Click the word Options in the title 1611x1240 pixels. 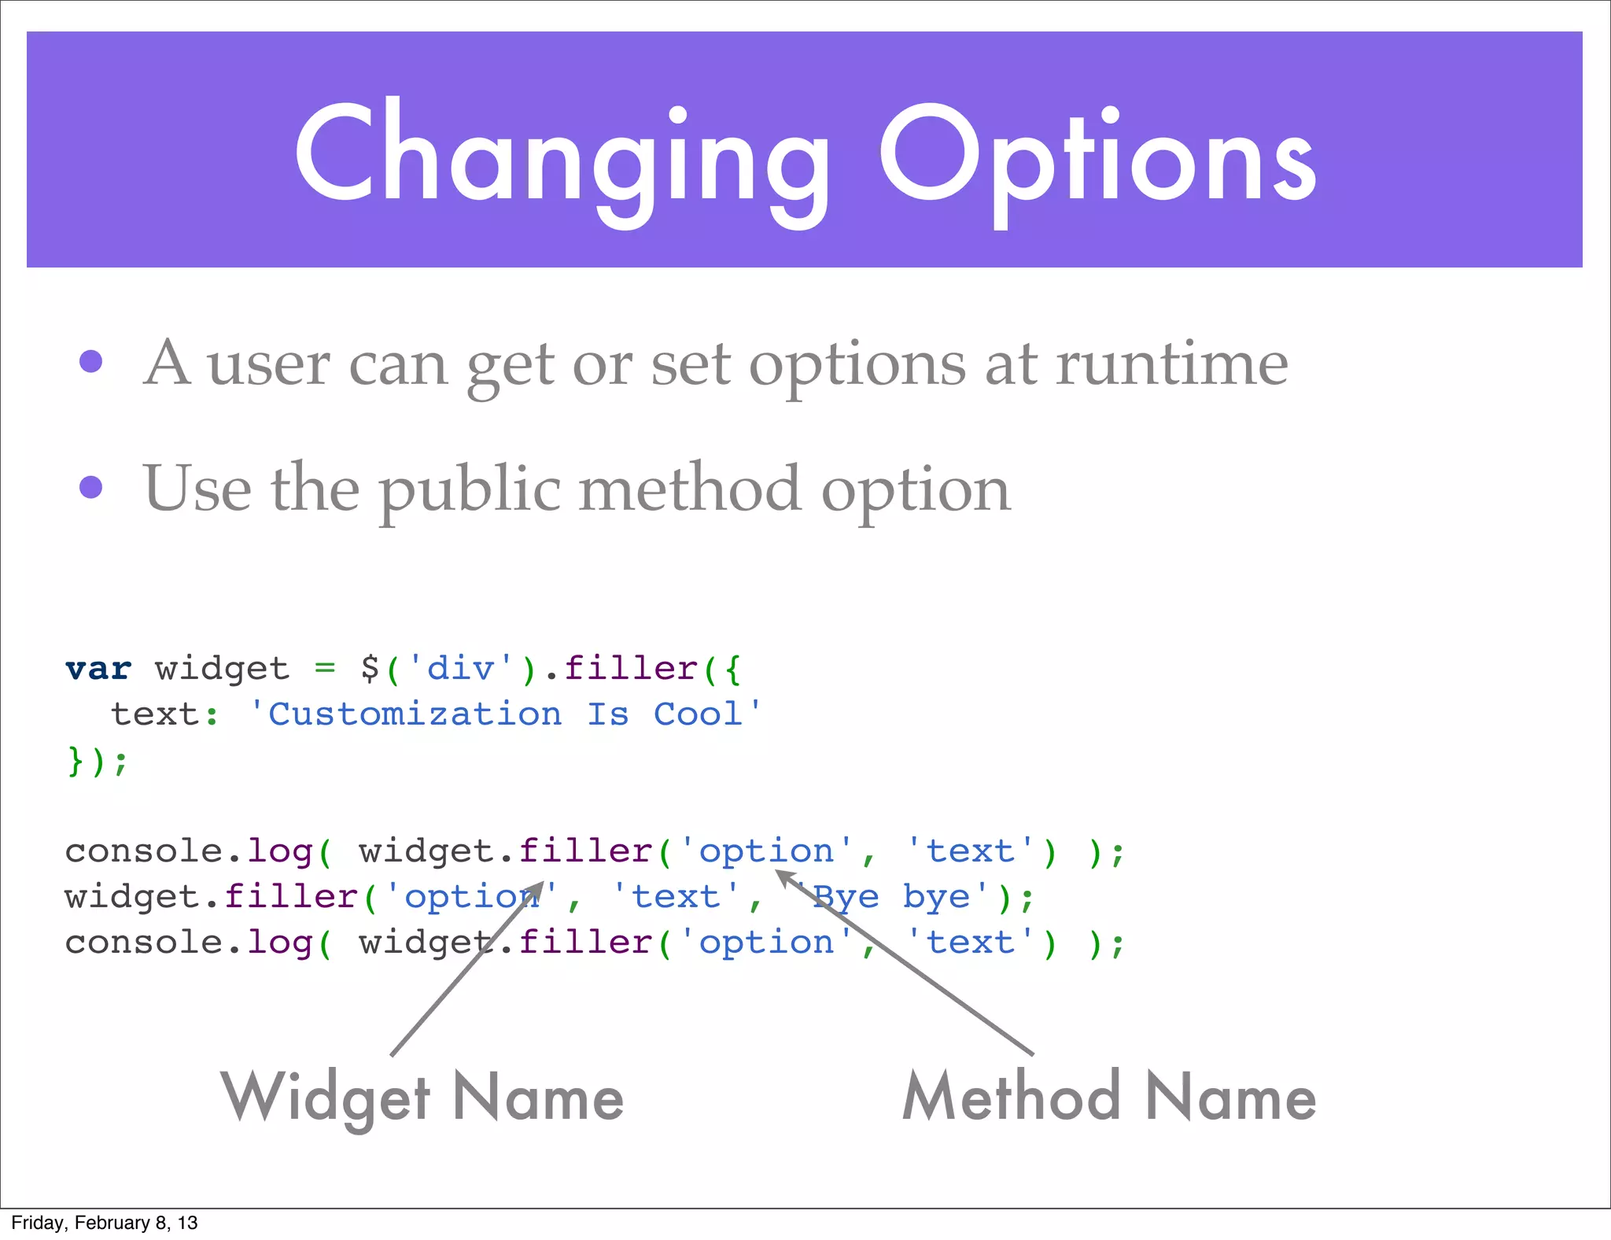pyautogui.click(x=1097, y=157)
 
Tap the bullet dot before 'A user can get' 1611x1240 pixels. pyautogui.click(x=91, y=361)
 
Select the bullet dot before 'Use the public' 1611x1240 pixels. pyautogui.click(x=91, y=487)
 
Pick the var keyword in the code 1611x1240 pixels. pyautogui.click(x=98, y=669)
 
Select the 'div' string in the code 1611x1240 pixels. pyautogui.click(x=460, y=669)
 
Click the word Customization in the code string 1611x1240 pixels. pyautogui.click(x=415, y=714)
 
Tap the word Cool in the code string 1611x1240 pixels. pyautogui.click(x=699, y=714)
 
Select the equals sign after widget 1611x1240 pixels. pyautogui.click(x=325, y=669)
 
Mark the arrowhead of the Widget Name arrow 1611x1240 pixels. pyautogui.click(x=537, y=888)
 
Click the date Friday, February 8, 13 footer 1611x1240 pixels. pyautogui.click(x=105, y=1223)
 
